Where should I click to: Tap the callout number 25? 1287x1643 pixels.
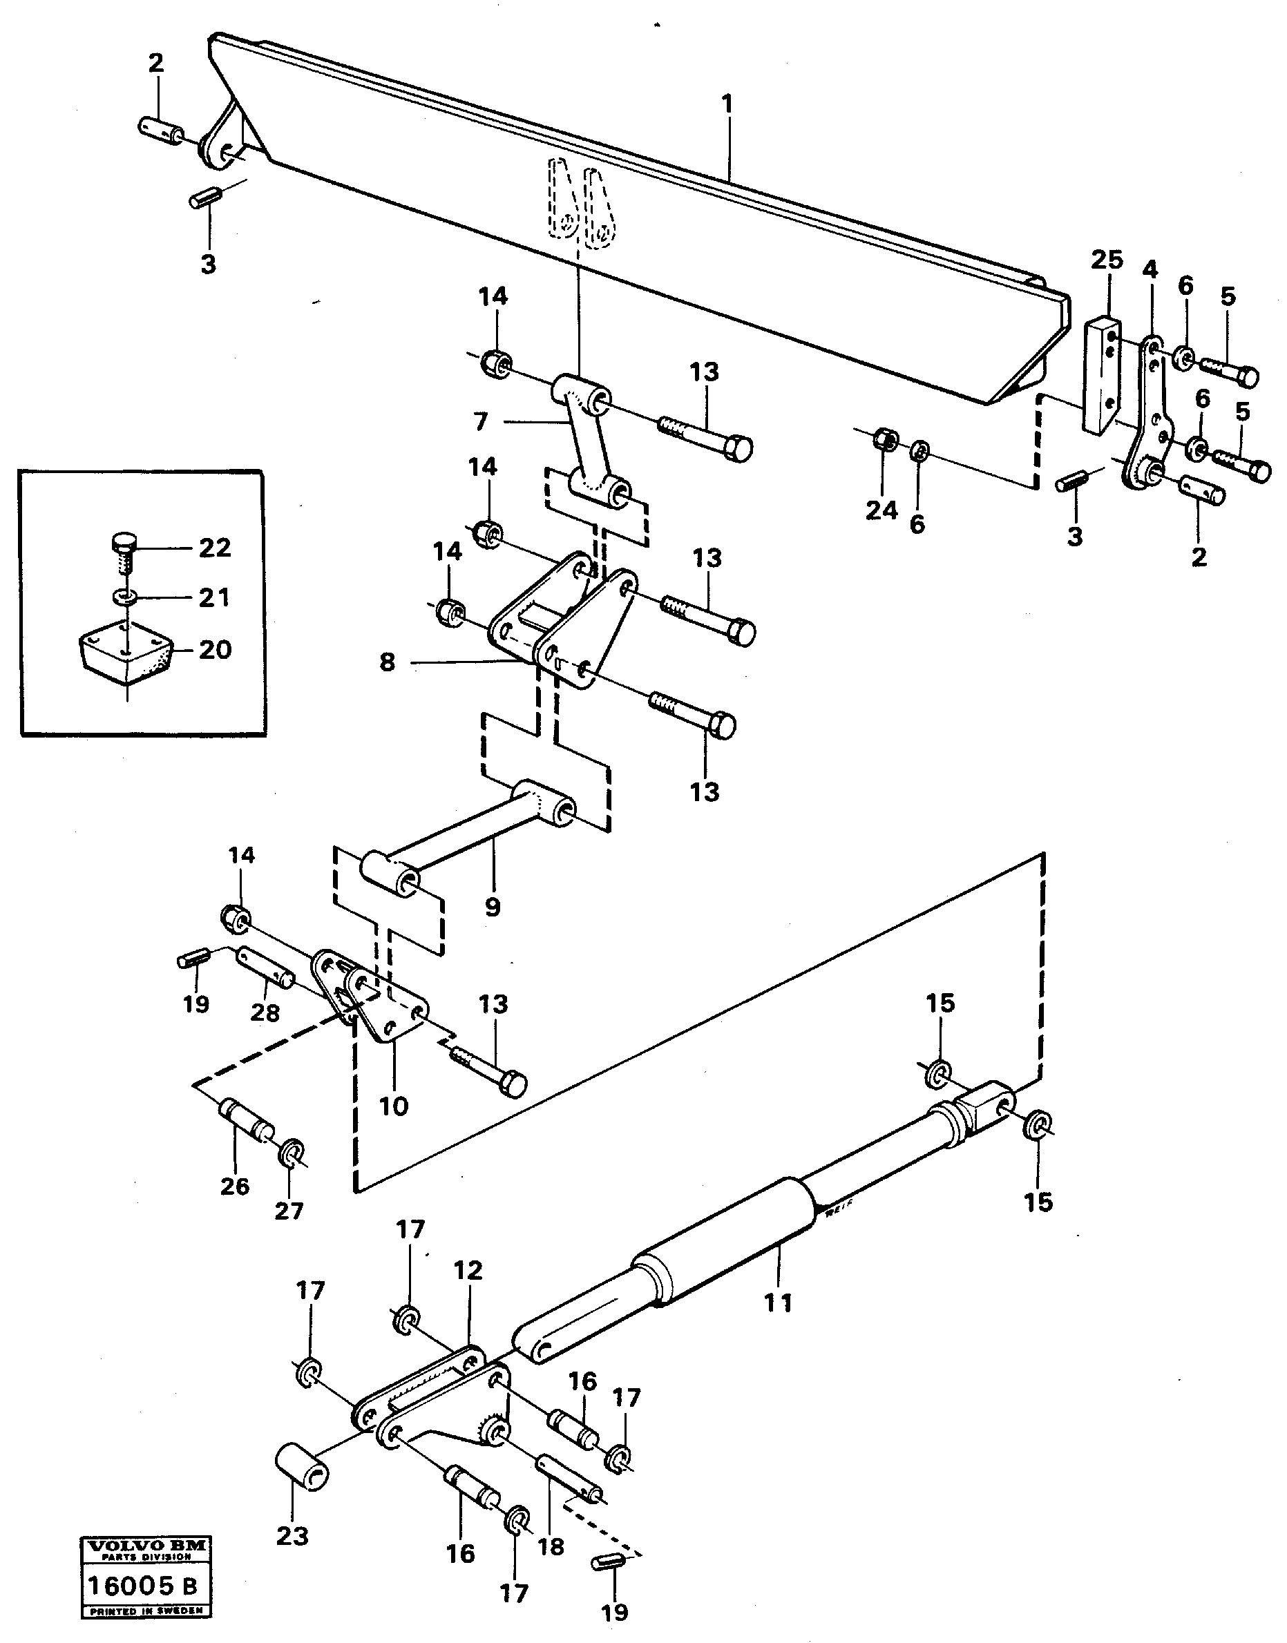pos(1106,260)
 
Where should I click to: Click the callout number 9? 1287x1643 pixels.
pos(492,905)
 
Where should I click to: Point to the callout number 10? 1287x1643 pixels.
pos(393,1106)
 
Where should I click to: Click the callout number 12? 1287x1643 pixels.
pos(468,1271)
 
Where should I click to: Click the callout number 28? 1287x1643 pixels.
pos(265,1013)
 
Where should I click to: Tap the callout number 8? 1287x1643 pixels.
pos(387,662)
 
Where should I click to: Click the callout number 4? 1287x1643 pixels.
pos(1150,269)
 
